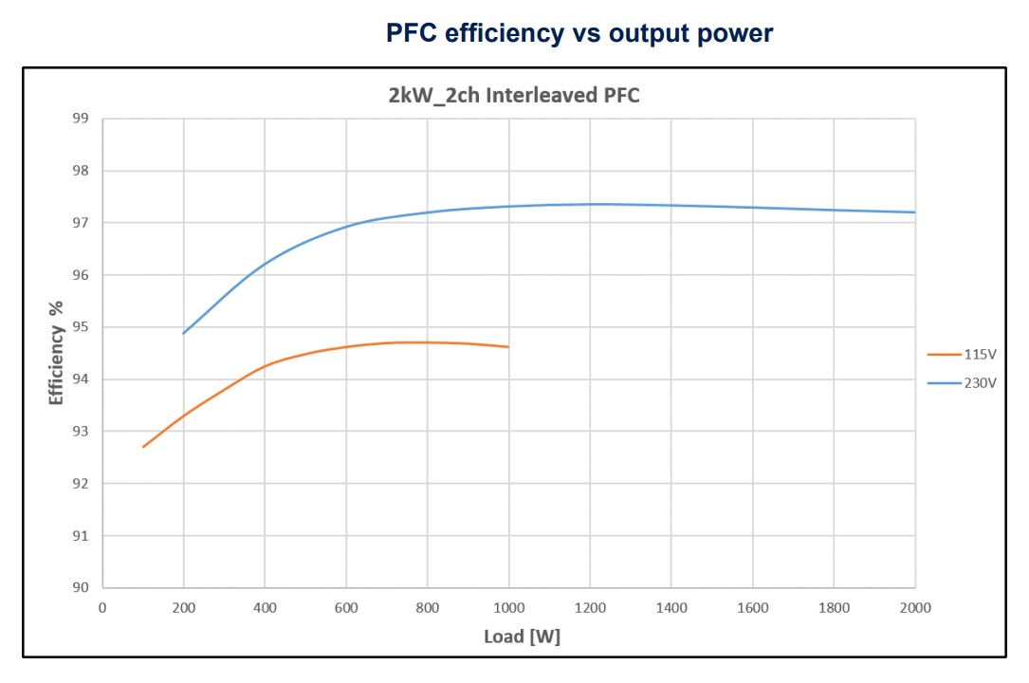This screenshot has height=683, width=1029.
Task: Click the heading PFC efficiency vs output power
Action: (579, 33)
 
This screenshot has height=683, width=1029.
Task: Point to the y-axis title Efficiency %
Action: (57, 353)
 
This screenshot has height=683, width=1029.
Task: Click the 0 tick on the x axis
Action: (102, 607)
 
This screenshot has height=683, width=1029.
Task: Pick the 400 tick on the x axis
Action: (265, 607)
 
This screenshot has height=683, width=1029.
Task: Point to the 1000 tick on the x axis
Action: (508, 607)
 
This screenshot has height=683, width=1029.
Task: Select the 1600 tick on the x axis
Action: (752, 607)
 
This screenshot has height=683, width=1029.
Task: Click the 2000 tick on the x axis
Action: (915, 607)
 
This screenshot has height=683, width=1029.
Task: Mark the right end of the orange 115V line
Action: (508, 347)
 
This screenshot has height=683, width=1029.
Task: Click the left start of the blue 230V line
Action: (184, 333)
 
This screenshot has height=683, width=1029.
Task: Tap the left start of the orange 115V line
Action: (143, 447)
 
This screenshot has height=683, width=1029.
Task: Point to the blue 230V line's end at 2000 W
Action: (915, 212)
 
